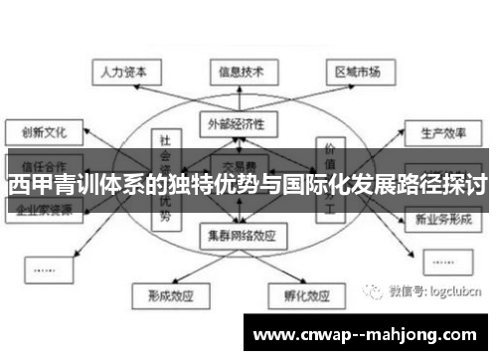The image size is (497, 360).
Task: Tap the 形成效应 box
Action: pos(165,296)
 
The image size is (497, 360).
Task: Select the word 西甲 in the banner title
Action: pos(27,184)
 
